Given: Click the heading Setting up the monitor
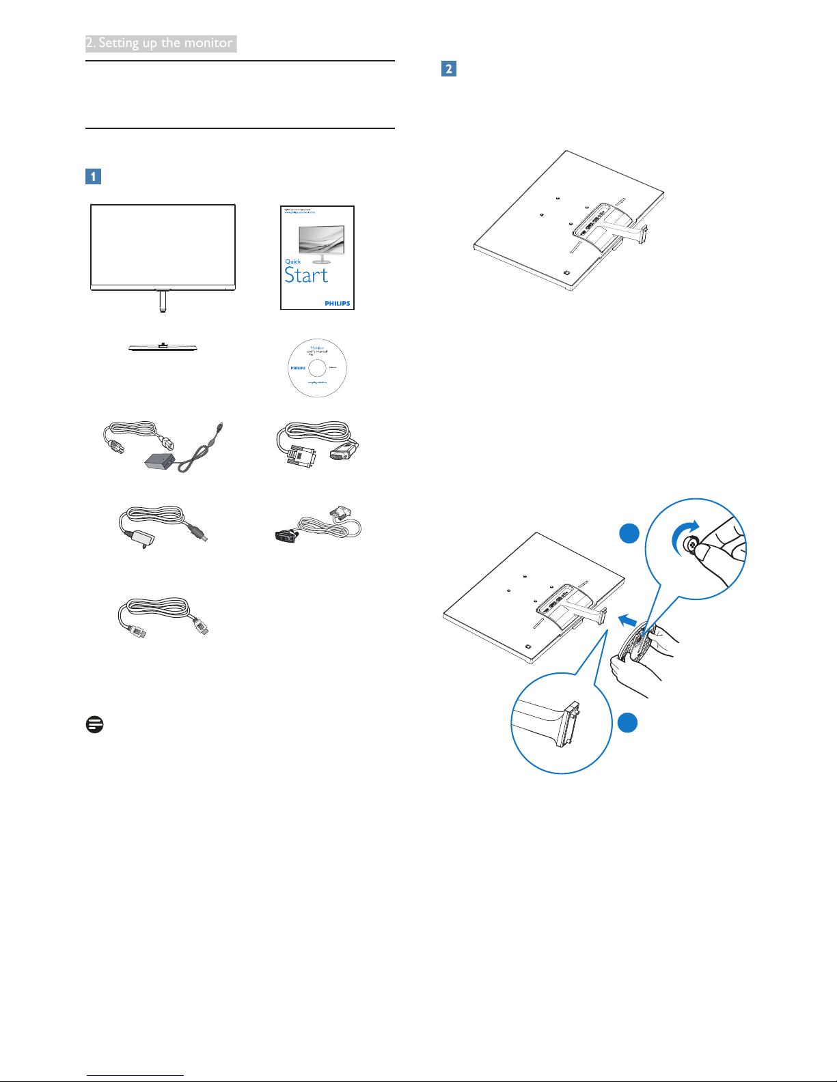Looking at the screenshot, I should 161,43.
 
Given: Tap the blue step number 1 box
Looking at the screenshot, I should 93,176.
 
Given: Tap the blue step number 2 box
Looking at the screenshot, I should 449,68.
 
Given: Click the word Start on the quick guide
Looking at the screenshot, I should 306,275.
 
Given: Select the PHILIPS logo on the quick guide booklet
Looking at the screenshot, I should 337,303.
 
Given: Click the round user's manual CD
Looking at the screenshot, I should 318,368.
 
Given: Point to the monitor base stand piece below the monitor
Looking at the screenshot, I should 164,347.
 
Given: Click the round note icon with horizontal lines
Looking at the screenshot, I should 95,724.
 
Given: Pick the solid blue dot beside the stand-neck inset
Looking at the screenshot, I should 628,722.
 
